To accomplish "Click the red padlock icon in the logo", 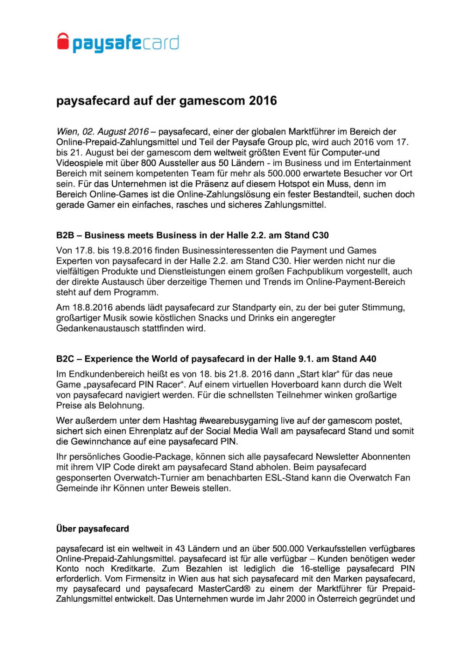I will (62, 42).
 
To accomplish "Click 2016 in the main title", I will (263, 101).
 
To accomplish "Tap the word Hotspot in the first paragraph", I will (297, 184).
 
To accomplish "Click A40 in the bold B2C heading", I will (367, 359).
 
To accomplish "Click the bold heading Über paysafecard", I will (93, 529).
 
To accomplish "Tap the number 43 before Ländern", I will (180, 549).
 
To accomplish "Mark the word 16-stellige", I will (320, 569).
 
